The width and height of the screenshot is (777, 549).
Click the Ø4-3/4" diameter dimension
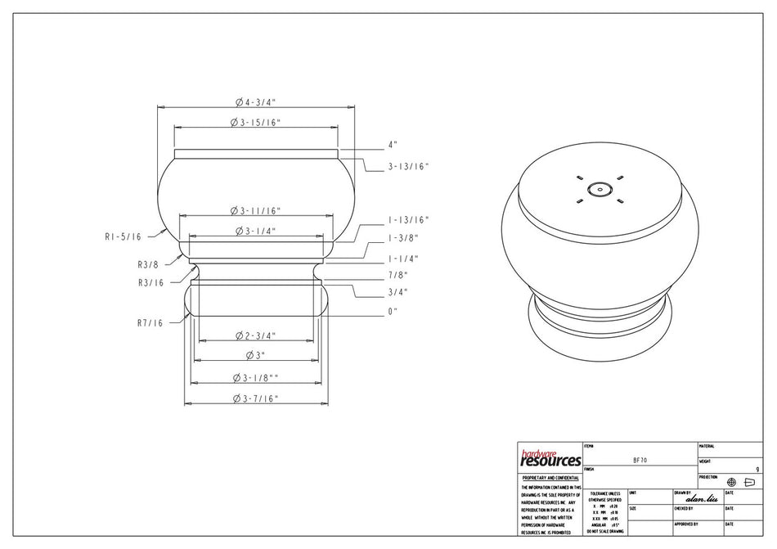click(x=255, y=102)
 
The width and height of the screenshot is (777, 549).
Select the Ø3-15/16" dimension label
click(x=255, y=123)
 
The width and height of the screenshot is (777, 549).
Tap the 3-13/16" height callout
click(x=407, y=166)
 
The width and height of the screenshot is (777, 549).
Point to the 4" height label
click(x=393, y=145)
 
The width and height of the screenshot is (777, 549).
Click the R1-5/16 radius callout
click(x=123, y=236)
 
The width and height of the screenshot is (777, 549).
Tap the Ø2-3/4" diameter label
click(x=255, y=336)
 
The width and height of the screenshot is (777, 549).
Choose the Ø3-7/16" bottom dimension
click(x=255, y=398)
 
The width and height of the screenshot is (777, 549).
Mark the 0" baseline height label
click(x=393, y=312)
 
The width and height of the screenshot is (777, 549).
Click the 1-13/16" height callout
click(x=407, y=220)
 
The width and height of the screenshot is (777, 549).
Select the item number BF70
click(x=640, y=461)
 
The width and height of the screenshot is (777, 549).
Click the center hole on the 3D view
click(x=600, y=189)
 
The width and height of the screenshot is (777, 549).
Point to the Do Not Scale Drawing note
click(x=605, y=532)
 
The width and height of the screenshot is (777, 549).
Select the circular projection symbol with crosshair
click(x=731, y=482)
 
